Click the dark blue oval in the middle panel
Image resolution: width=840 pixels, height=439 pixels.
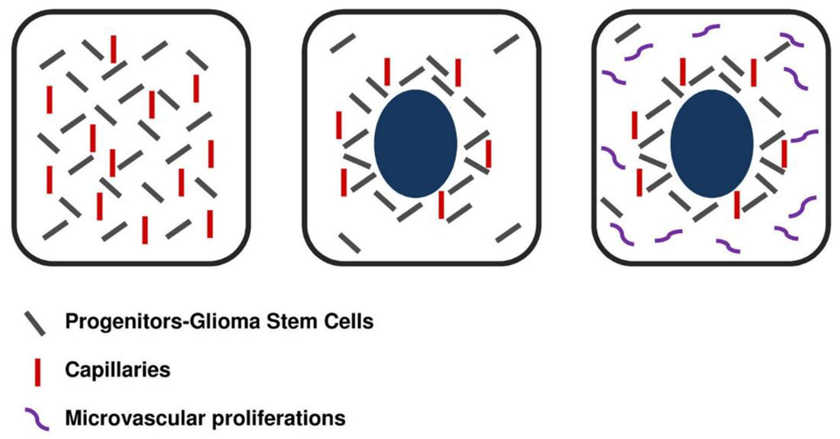tap(415, 144)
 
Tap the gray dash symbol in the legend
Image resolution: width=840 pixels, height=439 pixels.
tap(34, 322)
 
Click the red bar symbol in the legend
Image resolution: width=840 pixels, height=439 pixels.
tap(36, 371)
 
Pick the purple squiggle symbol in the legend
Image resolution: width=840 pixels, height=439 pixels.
tap(35, 418)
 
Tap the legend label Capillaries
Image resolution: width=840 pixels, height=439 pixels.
tap(117, 370)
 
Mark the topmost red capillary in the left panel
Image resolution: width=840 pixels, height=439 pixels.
tap(112, 48)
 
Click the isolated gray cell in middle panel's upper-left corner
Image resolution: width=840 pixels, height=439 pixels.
tap(342, 43)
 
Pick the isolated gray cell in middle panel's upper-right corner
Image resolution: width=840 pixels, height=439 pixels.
tap(507, 43)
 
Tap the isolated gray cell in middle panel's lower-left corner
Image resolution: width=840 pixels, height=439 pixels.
tap(349, 242)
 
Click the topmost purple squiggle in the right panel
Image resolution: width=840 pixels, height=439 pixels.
tap(706, 31)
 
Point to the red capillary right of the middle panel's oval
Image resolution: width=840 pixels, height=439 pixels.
tap(488, 153)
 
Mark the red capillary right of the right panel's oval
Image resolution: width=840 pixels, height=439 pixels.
tap(784, 153)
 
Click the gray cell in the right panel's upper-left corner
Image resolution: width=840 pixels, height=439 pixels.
tap(628, 34)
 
